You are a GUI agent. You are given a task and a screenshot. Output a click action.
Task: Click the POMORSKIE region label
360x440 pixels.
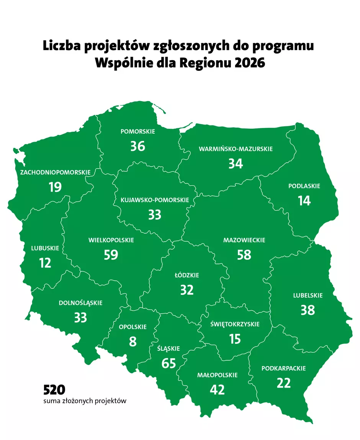[137, 131]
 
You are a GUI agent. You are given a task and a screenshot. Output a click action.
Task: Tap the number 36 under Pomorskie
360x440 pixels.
[137, 146]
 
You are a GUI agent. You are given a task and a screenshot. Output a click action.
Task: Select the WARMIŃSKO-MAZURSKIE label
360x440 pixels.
[236, 149]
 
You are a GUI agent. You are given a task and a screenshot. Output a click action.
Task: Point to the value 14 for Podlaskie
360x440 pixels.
[304, 201]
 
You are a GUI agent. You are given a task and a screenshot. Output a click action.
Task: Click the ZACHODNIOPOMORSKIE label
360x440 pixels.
[55, 172]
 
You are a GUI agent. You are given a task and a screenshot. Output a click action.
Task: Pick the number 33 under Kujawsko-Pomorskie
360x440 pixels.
[155, 214]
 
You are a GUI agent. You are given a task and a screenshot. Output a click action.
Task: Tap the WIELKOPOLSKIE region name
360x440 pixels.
[111, 240]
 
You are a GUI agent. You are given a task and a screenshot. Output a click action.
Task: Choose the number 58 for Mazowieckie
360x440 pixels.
[244, 255]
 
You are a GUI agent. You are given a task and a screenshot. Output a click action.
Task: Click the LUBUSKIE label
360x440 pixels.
[45, 248]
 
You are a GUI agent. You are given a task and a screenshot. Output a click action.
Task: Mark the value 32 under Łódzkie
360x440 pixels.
[187, 290]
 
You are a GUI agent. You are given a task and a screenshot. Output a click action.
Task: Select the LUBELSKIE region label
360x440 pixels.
[308, 295]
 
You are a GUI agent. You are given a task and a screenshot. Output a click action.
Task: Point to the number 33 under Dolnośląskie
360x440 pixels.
[80, 317]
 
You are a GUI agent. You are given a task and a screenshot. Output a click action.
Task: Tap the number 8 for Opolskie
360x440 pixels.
[133, 341]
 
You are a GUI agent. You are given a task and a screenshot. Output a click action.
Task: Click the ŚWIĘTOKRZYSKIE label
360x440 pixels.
[235, 324]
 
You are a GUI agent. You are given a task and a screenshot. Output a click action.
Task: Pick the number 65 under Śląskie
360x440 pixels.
[169, 363]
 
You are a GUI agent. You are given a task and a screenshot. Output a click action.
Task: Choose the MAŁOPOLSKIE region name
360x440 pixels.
[217, 375]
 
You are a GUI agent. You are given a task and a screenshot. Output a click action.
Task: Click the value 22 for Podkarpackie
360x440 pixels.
[283, 383]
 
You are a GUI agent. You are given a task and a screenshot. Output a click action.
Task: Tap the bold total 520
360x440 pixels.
[54, 390]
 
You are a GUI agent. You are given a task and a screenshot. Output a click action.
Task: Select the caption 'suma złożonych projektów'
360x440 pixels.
[85, 401]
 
